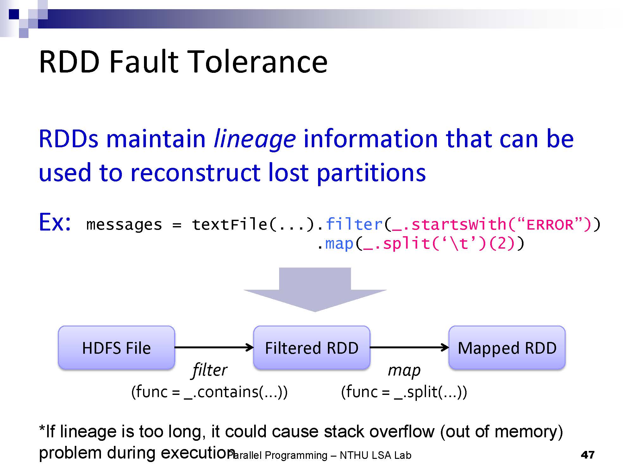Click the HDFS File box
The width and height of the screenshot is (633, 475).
(x=116, y=348)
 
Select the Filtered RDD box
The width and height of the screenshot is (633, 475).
(x=311, y=348)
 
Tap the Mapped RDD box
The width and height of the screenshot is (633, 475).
(x=507, y=348)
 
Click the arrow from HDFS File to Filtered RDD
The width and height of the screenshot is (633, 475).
(x=214, y=347)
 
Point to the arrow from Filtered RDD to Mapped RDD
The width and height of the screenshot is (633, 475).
(x=409, y=347)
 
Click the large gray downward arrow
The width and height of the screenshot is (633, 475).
(x=315, y=290)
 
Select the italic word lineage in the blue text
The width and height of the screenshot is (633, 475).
(x=255, y=139)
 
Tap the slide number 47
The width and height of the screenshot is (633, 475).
(x=588, y=455)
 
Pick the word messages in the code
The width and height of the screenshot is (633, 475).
(x=124, y=225)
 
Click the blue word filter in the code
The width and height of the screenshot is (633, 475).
(x=354, y=224)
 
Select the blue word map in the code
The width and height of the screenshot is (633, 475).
(x=339, y=244)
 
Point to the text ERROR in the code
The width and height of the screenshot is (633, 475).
(x=550, y=225)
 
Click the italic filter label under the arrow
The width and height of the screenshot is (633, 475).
(x=210, y=370)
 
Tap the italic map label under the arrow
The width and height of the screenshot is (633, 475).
(x=404, y=370)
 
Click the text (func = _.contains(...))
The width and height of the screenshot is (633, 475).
(x=209, y=392)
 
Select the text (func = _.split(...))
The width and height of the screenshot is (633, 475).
(x=404, y=392)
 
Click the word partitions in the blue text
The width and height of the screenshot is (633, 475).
(x=371, y=173)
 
